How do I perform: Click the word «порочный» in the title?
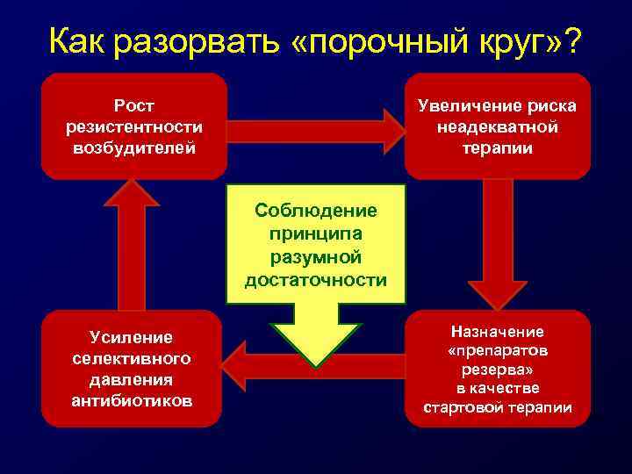point(385,40)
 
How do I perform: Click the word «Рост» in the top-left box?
point(134,106)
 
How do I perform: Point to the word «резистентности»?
point(134,126)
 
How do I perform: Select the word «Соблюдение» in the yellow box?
point(315,211)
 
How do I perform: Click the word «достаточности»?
point(315,280)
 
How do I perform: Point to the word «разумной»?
point(315,257)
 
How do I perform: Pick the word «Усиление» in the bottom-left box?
point(132,338)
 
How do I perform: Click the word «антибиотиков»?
point(132,400)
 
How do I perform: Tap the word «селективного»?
point(132,359)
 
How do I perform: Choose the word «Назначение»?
point(497,332)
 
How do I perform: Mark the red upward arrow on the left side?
point(132,246)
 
